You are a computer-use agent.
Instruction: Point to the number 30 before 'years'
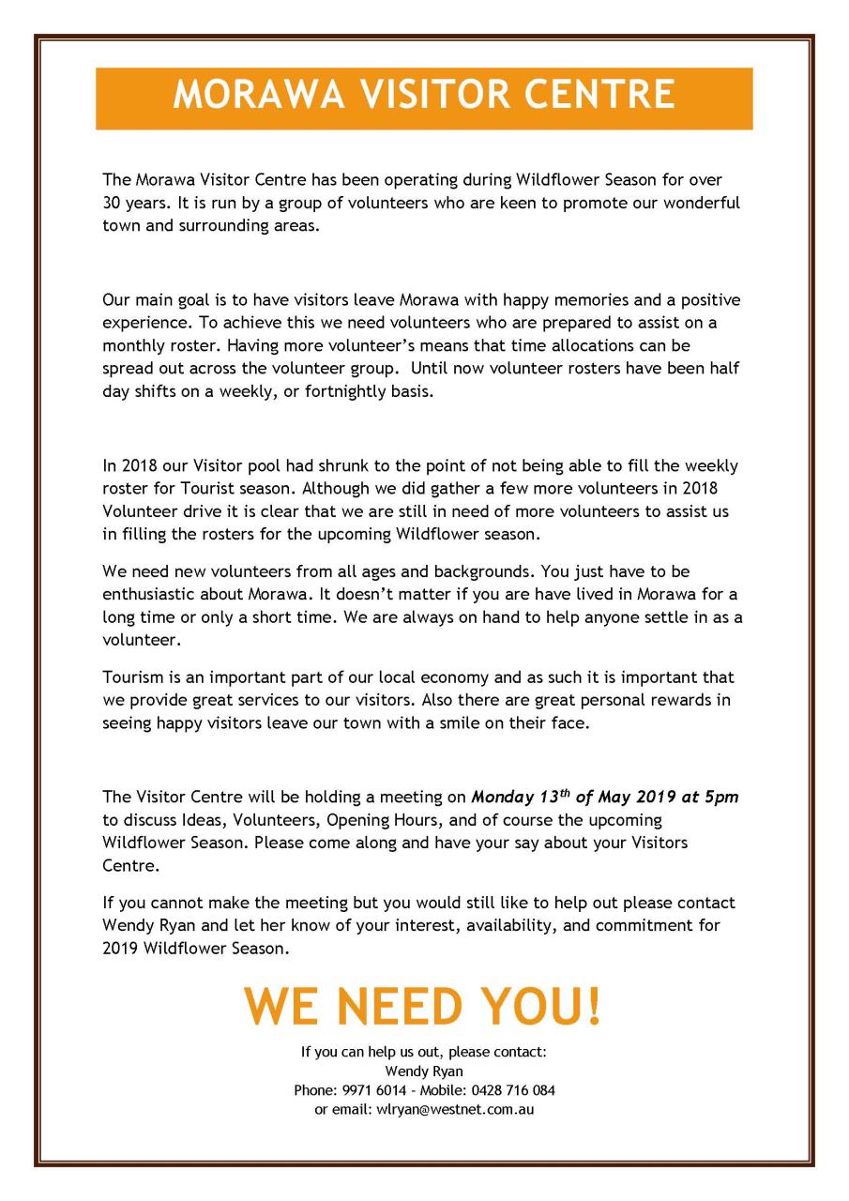[x=113, y=203]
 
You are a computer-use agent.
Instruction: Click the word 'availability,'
[x=509, y=925]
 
